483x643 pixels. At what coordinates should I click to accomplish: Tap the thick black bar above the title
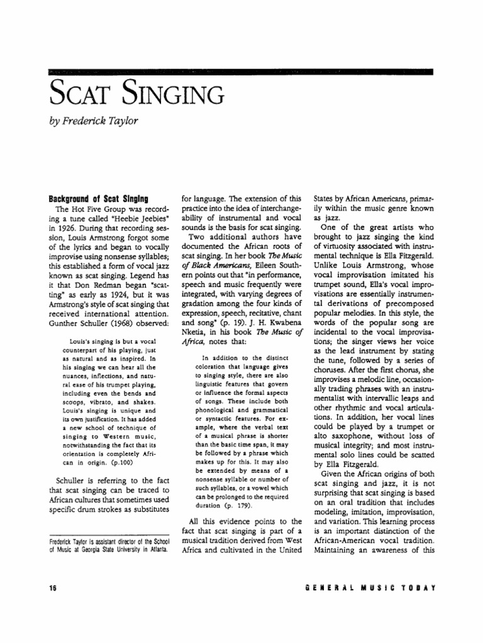pyautogui.click(x=241, y=73)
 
